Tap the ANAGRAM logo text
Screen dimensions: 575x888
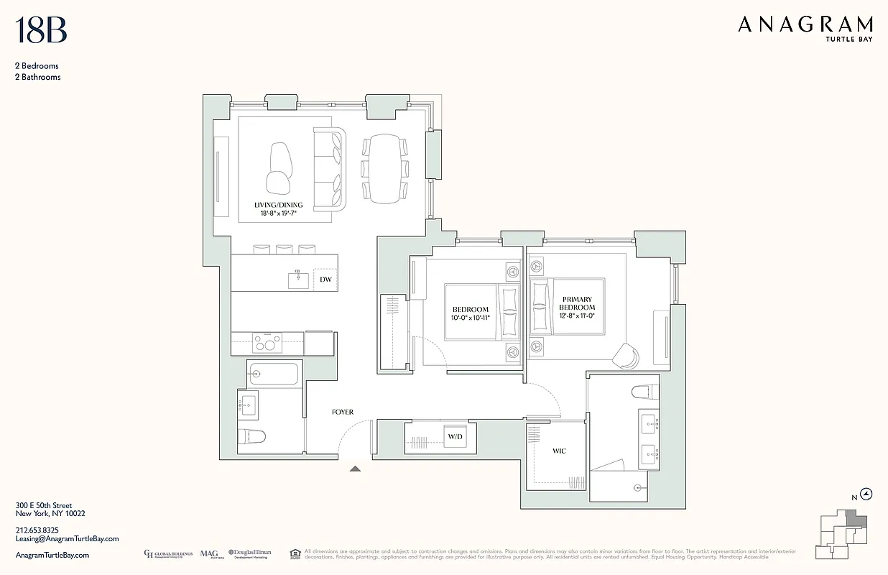pos(805,25)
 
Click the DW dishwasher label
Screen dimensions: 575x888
pos(325,280)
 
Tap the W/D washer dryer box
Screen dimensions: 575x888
pos(455,437)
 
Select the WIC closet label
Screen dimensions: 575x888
pos(559,451)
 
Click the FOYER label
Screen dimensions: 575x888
pos(342,412)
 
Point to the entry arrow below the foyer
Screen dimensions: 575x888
pos(355,469)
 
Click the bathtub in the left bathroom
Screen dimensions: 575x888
pos(274,374)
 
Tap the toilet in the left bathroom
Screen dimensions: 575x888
pos(253,436)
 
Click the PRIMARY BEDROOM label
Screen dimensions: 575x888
pos(578,303)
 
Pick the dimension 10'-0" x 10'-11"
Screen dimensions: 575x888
pos(470,317)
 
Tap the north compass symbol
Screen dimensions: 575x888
pos(866,494)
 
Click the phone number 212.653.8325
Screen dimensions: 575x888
pos(40,530)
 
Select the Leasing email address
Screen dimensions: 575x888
pos(67,538)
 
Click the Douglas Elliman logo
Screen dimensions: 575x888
pos(249,553)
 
